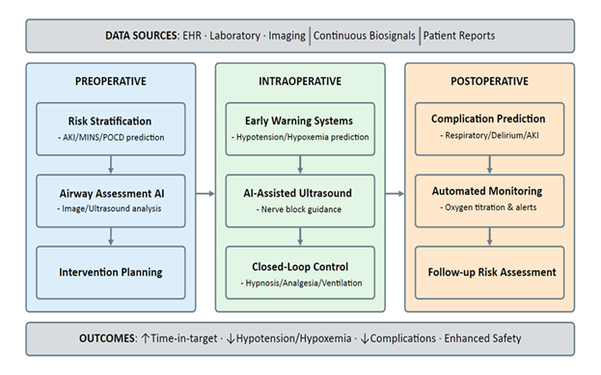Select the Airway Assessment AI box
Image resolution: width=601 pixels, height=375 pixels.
click(x=109, y=200)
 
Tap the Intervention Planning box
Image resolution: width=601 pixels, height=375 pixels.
click(x=109, y=272)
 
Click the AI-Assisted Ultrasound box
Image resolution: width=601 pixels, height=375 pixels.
click(x=299, y=200)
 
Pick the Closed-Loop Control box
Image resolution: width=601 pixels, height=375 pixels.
click(x=299, y=272)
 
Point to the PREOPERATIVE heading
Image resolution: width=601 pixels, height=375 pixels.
click(x=109, y=81)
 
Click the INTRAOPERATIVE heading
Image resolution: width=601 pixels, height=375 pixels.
click(x=299, y=81)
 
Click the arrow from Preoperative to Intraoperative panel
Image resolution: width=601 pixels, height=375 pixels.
click(x=204, y=193)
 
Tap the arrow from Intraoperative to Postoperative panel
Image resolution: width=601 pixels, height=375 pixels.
click(x=394, y=193)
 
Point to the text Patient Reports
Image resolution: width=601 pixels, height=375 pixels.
click(x=461, y=36)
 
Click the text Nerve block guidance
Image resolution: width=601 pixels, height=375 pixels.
click(x=299, y=208)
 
